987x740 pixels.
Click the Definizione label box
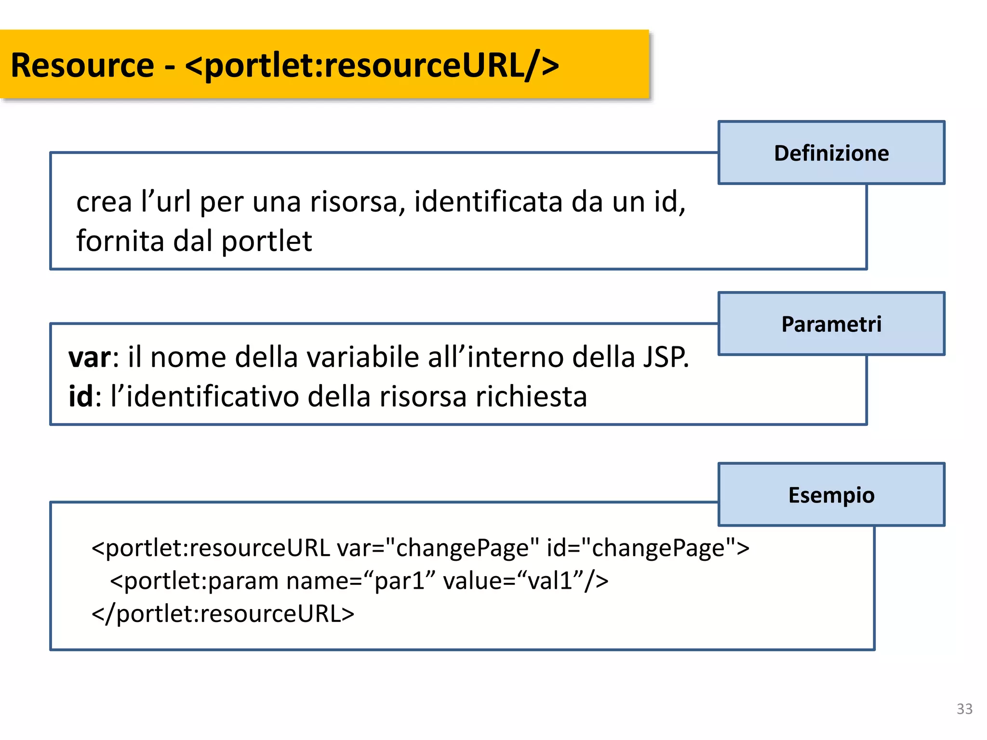[x=831, y=153]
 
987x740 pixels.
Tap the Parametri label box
[x=831, y=324]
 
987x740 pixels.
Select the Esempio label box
[x=831, y=495]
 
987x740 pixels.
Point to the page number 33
[x=964, y=709]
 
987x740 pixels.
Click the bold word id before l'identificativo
[x=80, y=396]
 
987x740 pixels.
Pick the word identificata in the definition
[x=488, y=201]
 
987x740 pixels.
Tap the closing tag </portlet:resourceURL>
[x=223, y=614]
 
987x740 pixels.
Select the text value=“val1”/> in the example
[x=525, y=581]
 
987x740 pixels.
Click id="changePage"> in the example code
[x=648, y=548]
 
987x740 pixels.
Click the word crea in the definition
[x=104, y=201]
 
